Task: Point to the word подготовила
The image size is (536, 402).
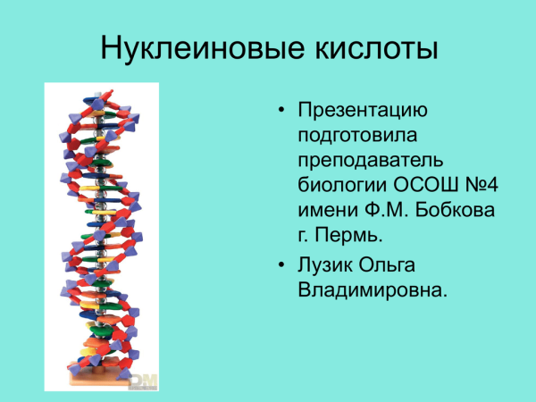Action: tap(357, 136)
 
